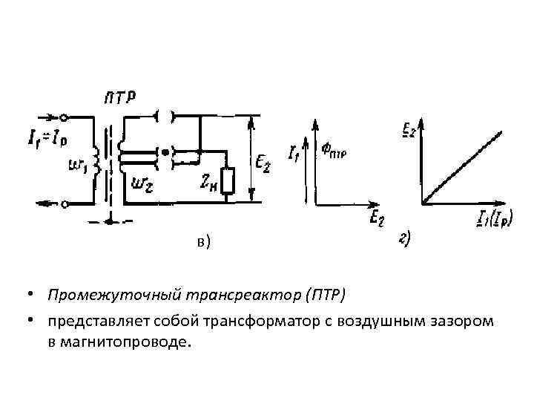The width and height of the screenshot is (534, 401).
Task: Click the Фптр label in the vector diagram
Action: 336,151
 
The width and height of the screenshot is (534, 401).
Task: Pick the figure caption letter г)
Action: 406,238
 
